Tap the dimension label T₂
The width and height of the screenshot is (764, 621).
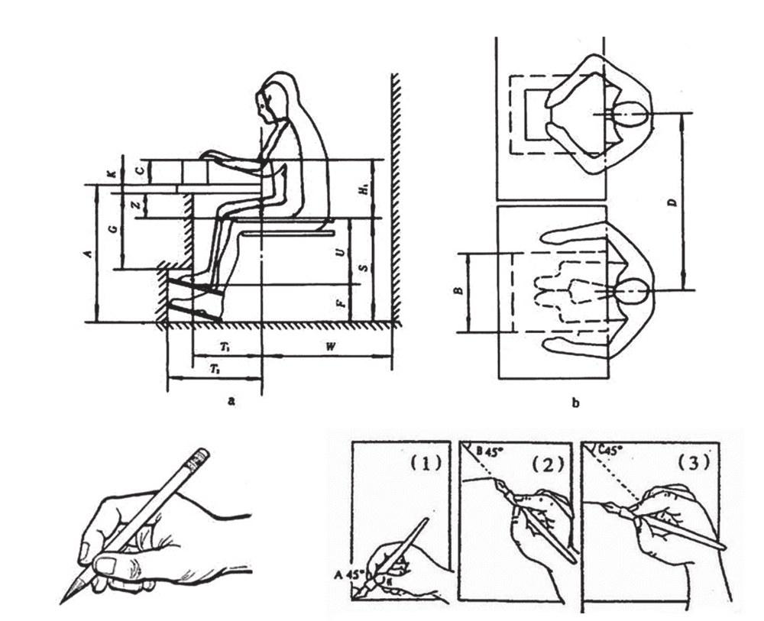pyautogui.click(x=215, y=368)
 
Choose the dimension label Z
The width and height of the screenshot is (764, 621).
pyautogui.click(x=134, y=205)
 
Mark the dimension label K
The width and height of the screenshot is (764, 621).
pyautogui.click(x=113, y=175)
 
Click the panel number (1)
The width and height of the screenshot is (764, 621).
pyautogui.click(x=426, y=464)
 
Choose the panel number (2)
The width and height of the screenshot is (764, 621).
pyautogui.click(x=549, y=464)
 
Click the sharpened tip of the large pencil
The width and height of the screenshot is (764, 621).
pyautogui.click(x=64, y=600)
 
